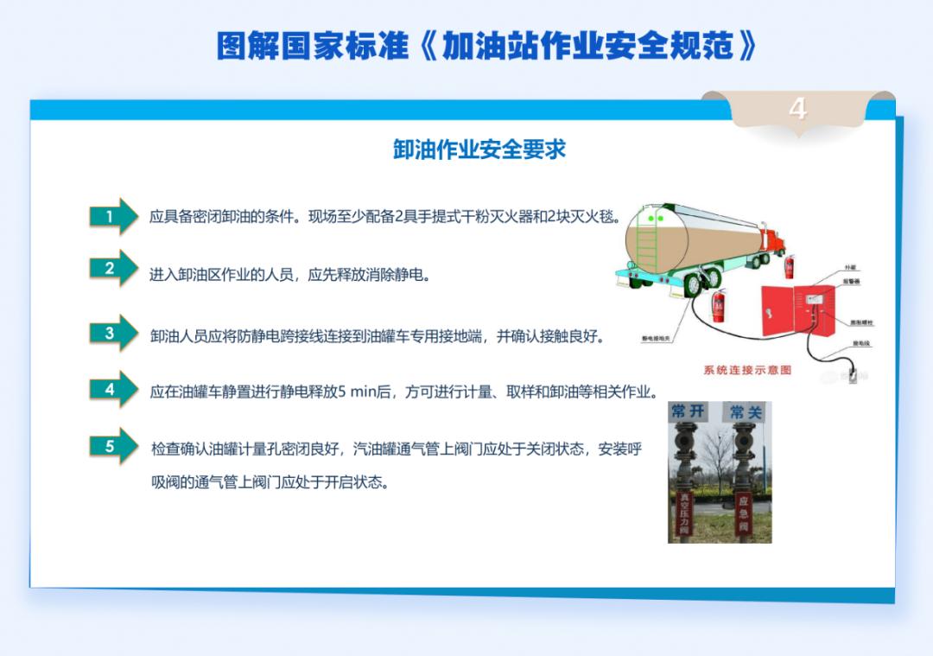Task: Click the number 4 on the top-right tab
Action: tap(797, 109)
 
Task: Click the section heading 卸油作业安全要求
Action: tap(479, 150)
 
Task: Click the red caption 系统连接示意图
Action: tap(747, 370)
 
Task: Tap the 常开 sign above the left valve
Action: tap(689, 412)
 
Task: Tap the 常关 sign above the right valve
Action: tap(744, 412)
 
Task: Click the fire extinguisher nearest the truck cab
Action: tap(788, 266)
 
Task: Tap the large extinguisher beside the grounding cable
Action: tap(717, 306)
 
